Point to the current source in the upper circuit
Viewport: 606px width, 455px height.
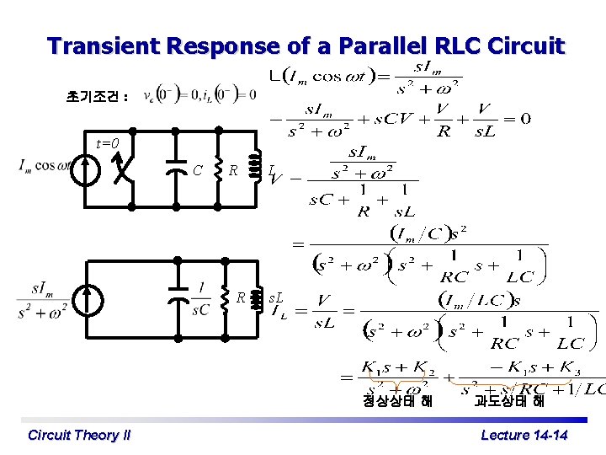84,169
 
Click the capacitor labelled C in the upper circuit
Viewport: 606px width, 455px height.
176,169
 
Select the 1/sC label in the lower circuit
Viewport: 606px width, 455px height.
200,298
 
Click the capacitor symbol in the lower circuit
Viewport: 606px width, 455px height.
178,298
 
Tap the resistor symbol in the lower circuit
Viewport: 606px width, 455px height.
225,299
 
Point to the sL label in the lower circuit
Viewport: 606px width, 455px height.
275,297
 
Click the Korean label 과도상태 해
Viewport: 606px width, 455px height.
508,401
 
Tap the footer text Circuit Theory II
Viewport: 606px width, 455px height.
79,435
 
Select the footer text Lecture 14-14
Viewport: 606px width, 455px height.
524,435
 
